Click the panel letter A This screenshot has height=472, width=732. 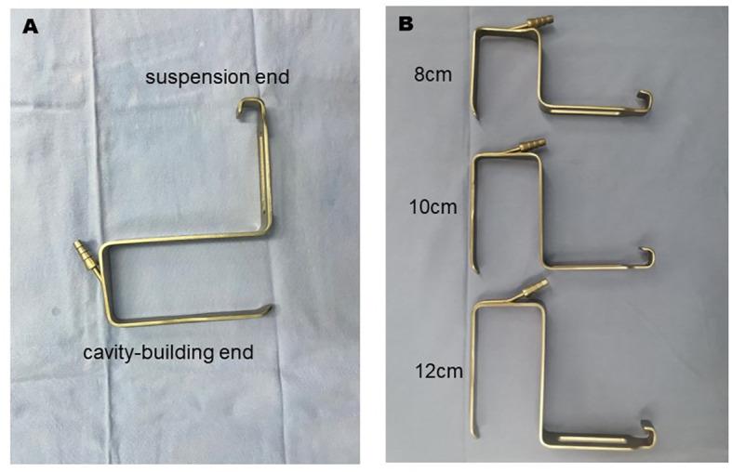pos(30,27)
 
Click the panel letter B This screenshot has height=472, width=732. pos(406,23)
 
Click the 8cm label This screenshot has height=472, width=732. pos(433,73)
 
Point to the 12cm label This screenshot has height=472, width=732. pos(435,374)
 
